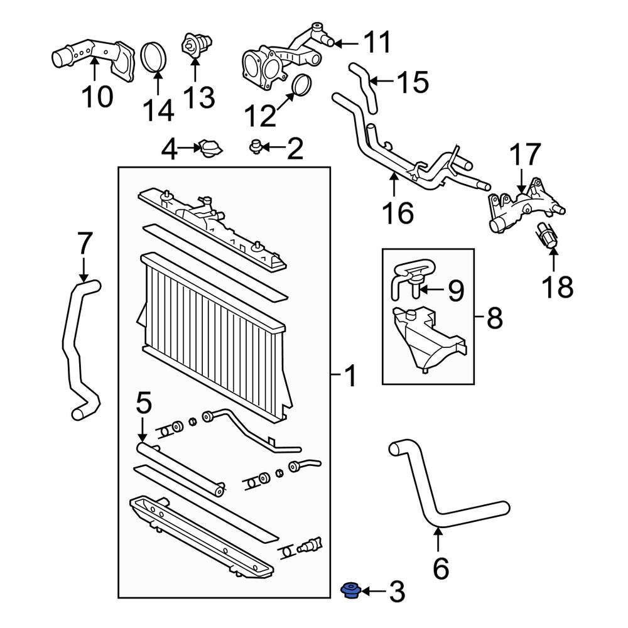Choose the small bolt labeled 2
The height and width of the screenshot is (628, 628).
(x=255, y=147)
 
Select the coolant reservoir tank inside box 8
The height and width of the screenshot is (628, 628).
(x=427, y=339)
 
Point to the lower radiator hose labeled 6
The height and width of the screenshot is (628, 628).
(x=440, y=502)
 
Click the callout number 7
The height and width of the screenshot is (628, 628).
(x=84, y=244)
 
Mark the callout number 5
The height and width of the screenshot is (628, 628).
(x=143, y=404)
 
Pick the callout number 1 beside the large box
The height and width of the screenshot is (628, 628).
(x=350, y=377)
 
